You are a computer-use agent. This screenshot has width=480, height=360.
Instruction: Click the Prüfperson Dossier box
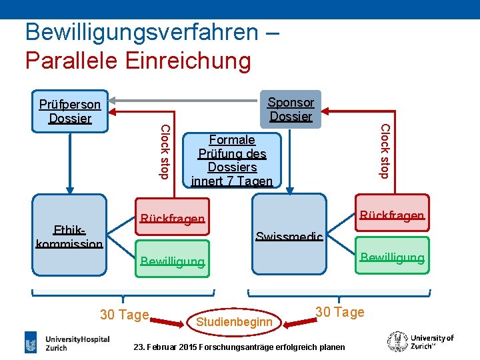pos(70,111)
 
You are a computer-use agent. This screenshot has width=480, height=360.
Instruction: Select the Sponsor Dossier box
pos(290,109)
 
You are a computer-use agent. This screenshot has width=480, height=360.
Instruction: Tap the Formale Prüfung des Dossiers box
pos(232,159)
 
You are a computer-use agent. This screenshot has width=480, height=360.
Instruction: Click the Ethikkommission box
pos(69,235)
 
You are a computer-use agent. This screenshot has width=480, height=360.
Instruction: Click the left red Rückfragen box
pos(173,219)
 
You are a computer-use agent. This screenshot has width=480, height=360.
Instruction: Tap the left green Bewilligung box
pos(173,261)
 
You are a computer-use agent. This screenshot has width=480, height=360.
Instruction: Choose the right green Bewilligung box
pos(392,256)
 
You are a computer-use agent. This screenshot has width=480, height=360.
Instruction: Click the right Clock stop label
pos(384,151)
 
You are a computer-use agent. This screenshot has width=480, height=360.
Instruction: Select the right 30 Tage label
pos(339,311)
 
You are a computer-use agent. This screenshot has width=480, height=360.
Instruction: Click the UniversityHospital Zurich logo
pos(67,343)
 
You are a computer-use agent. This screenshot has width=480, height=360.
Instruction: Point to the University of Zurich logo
pos(421,341)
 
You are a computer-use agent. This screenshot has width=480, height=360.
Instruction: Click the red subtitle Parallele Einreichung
pos(138,60)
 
